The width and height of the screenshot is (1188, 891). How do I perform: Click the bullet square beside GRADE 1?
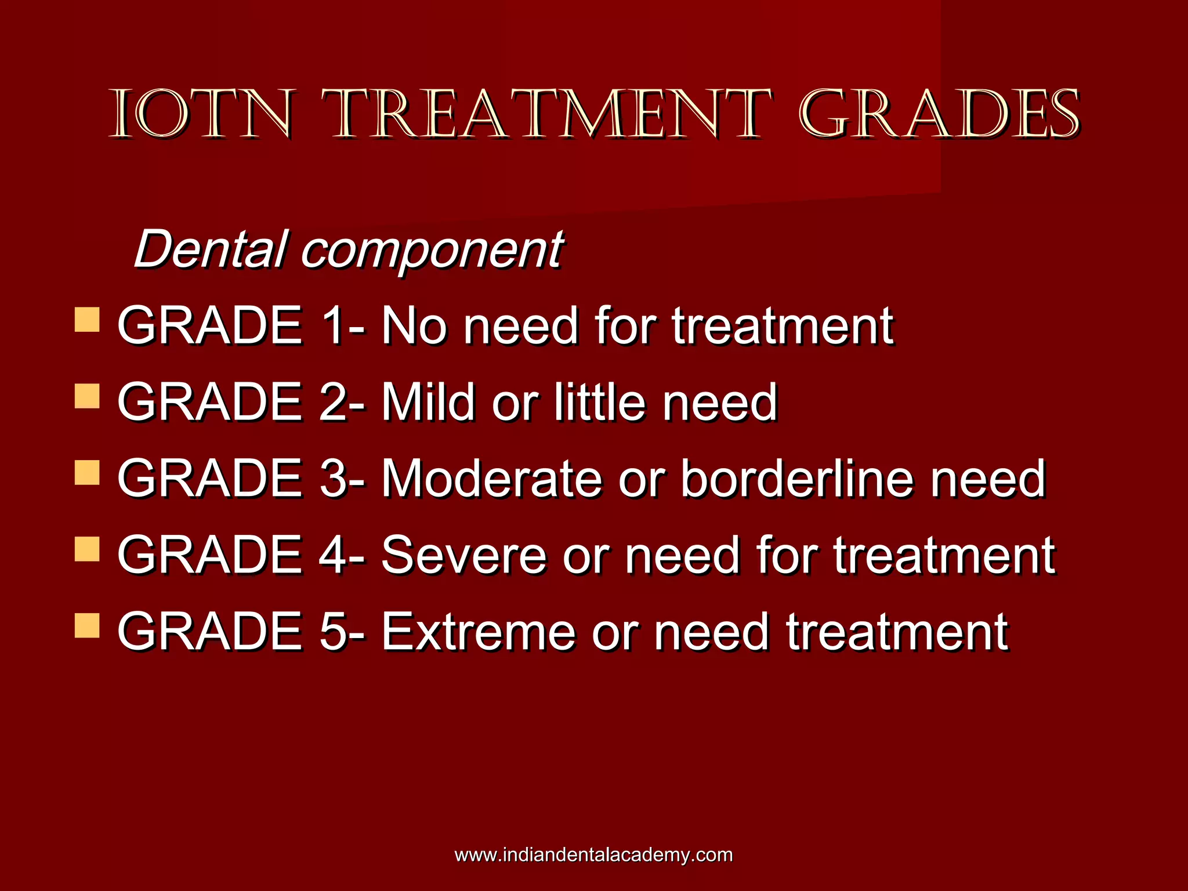87,320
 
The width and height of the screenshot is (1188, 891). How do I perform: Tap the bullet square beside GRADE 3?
87,473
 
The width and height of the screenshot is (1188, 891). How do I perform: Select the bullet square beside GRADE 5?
87,626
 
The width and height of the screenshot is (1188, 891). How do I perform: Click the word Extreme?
479,632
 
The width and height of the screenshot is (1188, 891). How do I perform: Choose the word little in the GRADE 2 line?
600,402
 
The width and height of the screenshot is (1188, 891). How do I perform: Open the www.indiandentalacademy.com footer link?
593,855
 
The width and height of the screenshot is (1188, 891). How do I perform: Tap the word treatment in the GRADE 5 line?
897,632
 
